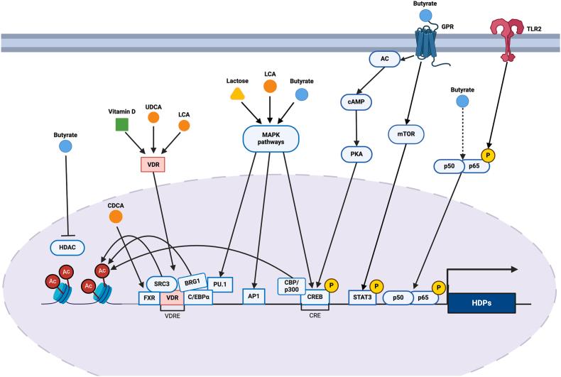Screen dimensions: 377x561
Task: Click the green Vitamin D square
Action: pos(121,125)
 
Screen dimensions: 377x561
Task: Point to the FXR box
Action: pos(148,299)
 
